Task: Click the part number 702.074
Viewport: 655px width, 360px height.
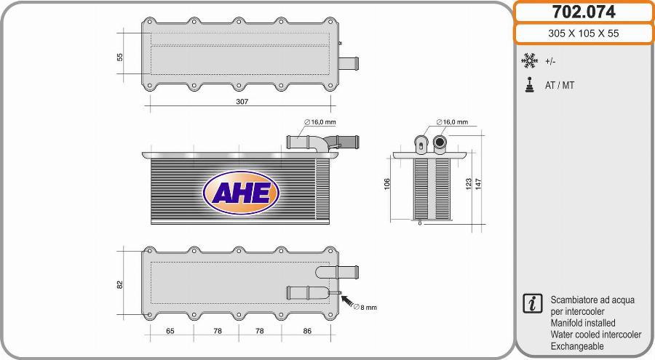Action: click(584, 12)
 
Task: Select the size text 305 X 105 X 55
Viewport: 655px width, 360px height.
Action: click(584, 33)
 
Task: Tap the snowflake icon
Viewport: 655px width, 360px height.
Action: click(529, 61)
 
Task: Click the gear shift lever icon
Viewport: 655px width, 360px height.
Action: click(529, 84)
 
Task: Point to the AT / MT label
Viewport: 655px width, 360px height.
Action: click(560, 85)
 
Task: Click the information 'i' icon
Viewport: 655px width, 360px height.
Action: click(532, 303)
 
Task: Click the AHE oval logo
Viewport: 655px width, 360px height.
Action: click(242, 191)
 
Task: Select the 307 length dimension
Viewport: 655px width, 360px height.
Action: click(242, 102)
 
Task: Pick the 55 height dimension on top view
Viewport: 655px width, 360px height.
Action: click(120, 57)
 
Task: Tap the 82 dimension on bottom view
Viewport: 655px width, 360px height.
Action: click(120, 284)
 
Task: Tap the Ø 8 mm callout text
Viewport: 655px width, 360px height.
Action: click(365, 308)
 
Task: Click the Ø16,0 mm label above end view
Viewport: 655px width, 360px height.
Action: click(452, 122)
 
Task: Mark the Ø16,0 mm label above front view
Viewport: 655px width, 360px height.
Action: click(320, 122)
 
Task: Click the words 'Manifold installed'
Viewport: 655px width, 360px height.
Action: click(583, 323)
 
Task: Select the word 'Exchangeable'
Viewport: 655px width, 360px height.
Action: click(577, 346)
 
